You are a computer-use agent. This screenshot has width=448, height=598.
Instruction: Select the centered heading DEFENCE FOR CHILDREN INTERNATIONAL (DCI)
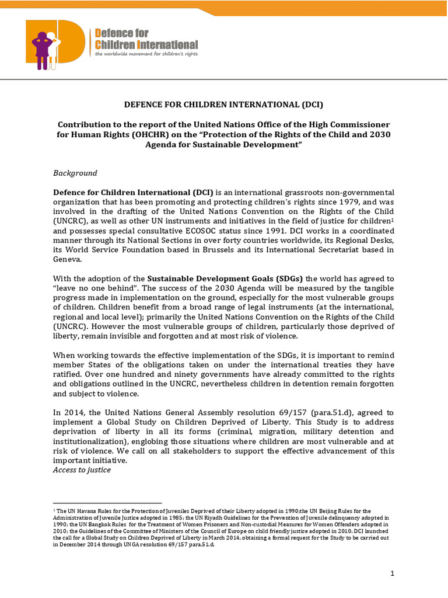coord(223,105)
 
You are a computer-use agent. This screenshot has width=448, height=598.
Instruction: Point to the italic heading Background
coord(75,173)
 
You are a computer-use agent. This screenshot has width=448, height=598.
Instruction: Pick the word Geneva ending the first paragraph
coord(68,260)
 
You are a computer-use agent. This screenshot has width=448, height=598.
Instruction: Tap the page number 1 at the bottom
coord(393,573)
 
